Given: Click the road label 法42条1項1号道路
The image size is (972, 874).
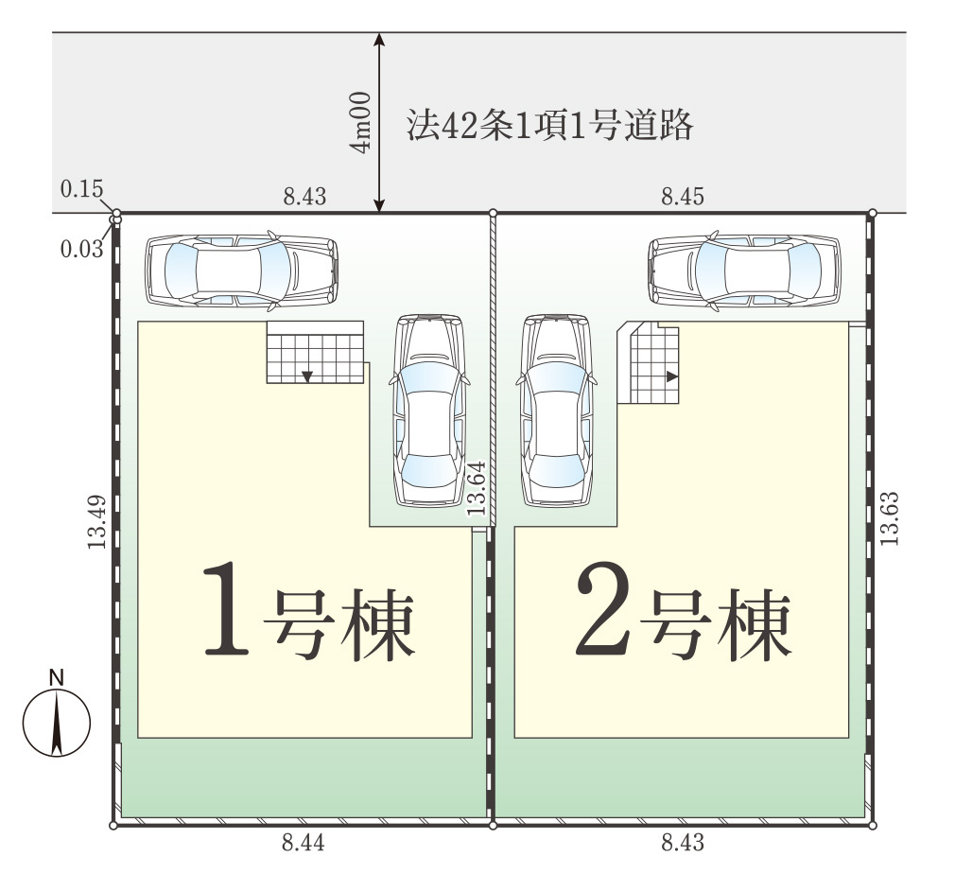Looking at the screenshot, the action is coord(549,125).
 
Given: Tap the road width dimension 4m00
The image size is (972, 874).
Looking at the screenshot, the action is coord(360,122).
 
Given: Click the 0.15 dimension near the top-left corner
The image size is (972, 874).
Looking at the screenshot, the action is coord(81,188).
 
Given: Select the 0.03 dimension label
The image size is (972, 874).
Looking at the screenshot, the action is coord(81,250).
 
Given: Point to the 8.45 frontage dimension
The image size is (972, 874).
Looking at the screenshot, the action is coord(683,197).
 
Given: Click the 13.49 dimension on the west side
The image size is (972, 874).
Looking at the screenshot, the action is coord(96,522).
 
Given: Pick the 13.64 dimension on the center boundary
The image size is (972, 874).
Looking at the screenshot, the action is coord(477,488).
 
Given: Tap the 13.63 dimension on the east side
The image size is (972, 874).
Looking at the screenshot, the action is coord(889,518).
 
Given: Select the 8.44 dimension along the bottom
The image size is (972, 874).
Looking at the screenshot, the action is coord(304,843).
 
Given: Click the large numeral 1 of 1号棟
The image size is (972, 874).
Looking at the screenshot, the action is coord(226,608).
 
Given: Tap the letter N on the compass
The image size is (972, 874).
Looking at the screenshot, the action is coord(57,678).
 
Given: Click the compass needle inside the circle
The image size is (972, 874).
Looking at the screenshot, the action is coord(57,724).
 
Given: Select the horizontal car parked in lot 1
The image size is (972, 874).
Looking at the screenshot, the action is coord(242,271).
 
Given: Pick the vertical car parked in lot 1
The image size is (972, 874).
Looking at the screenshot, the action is coord(429,411).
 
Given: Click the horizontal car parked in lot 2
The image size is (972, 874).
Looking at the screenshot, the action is coord(744,271).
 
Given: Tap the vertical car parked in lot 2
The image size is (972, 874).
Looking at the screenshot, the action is coord(557,411).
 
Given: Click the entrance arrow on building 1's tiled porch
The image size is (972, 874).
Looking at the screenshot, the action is coord(307,376).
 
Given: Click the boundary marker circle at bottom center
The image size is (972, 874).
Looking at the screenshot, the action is coord(493,826).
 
